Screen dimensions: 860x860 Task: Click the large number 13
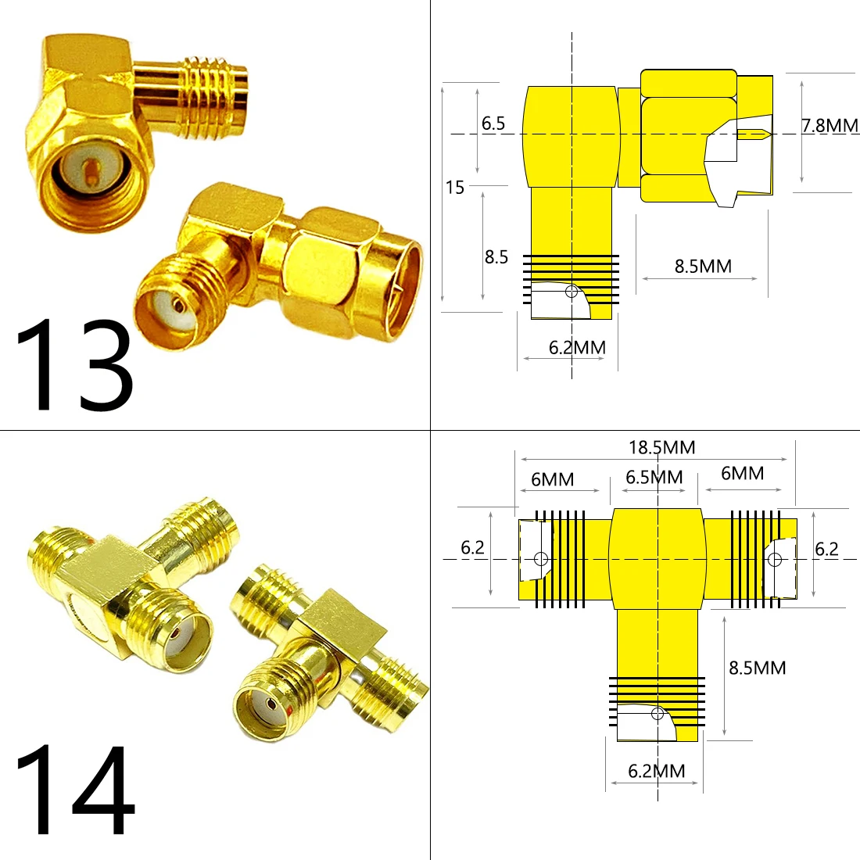pos(74,366)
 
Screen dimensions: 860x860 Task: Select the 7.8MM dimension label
pos(829,125)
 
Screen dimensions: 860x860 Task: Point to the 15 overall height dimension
pos(455,188)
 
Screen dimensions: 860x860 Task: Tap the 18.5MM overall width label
pos(661,448)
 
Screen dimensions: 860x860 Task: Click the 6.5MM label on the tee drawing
pos(654,477)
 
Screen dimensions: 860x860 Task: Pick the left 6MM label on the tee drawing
pos(552,479)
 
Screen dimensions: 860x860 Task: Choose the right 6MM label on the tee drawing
pos(742,473)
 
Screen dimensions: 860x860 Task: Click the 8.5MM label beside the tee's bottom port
pos(757,668)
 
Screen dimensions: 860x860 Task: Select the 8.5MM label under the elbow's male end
pos(703,267)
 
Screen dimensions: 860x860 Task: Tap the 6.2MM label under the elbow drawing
pos(577,348)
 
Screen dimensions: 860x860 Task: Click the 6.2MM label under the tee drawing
pos(657,772)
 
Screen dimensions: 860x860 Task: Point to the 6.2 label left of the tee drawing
pos(472,548)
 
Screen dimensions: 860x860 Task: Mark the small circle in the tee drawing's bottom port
pos(658,714)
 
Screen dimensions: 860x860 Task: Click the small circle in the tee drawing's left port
pos(540,559)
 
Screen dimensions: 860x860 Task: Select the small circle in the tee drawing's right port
pos(775,559)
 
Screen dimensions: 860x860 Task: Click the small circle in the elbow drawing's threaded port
pos(572,292)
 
